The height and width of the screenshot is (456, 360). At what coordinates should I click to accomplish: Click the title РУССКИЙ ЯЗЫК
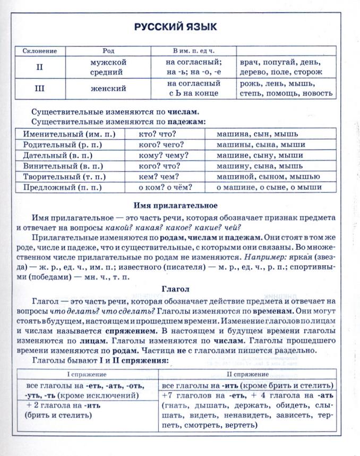[x=175, y=27]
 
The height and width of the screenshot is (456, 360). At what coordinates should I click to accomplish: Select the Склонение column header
[x=40, y=51]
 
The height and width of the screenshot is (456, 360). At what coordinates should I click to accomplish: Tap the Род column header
[x=108, y=51]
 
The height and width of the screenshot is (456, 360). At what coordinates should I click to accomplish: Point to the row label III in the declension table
[x=40, y=88]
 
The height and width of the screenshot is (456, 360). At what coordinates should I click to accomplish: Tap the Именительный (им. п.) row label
[x=70, y=135]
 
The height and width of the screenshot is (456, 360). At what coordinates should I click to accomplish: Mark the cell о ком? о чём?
[x=165, y=187]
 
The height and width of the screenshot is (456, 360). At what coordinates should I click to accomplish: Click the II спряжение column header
[x=248, y=374]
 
